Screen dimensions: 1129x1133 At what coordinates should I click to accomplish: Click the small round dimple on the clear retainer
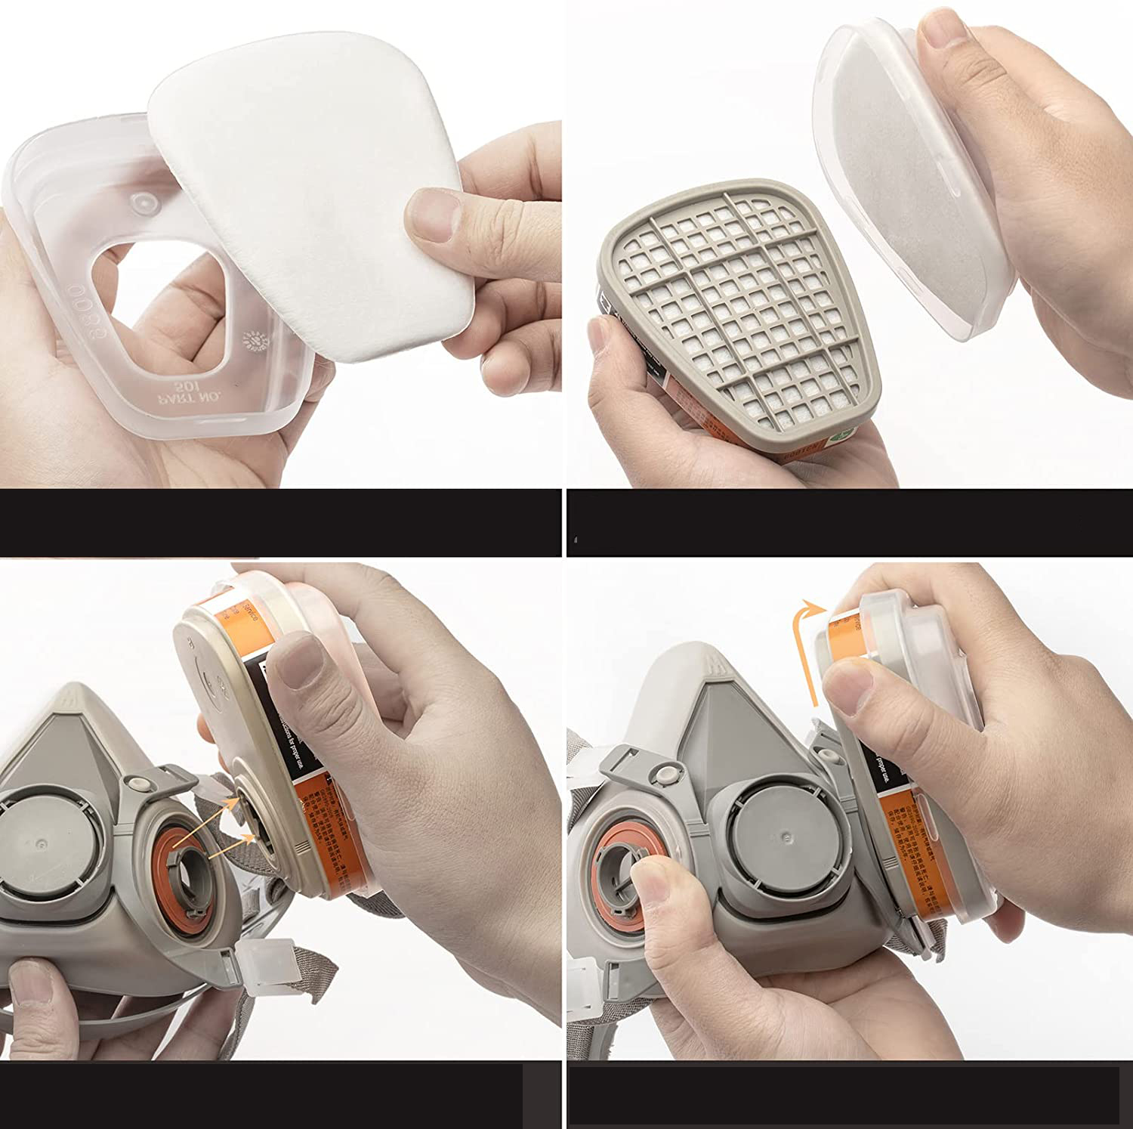pos(140,202)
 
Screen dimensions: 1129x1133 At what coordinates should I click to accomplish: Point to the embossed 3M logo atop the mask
pos(710,665)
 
